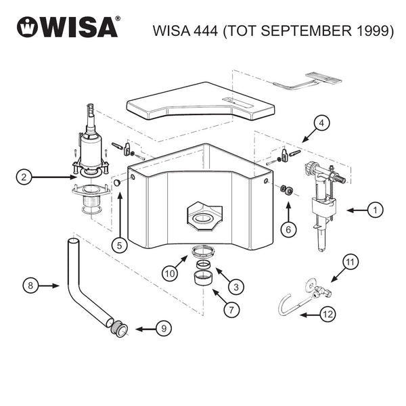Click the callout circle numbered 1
(x=376, y=210)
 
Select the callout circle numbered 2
(x=24, y=177)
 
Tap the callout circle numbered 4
(x=321, y=123)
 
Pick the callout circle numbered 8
(x=30, y=286)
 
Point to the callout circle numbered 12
(x=328, y=315)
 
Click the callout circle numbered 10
(x=170, y=273)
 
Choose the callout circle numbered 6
(x=288, y=229)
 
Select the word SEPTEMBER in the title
(x=307, y=30)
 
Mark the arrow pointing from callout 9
(x=145, y=330)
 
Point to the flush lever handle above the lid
(x=308, y=81)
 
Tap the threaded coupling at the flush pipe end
(x=119, y=328)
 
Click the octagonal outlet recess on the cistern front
(x=204, y=217)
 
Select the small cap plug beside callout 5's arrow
(x=118, y=183)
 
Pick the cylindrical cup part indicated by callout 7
(x=204, y=278)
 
